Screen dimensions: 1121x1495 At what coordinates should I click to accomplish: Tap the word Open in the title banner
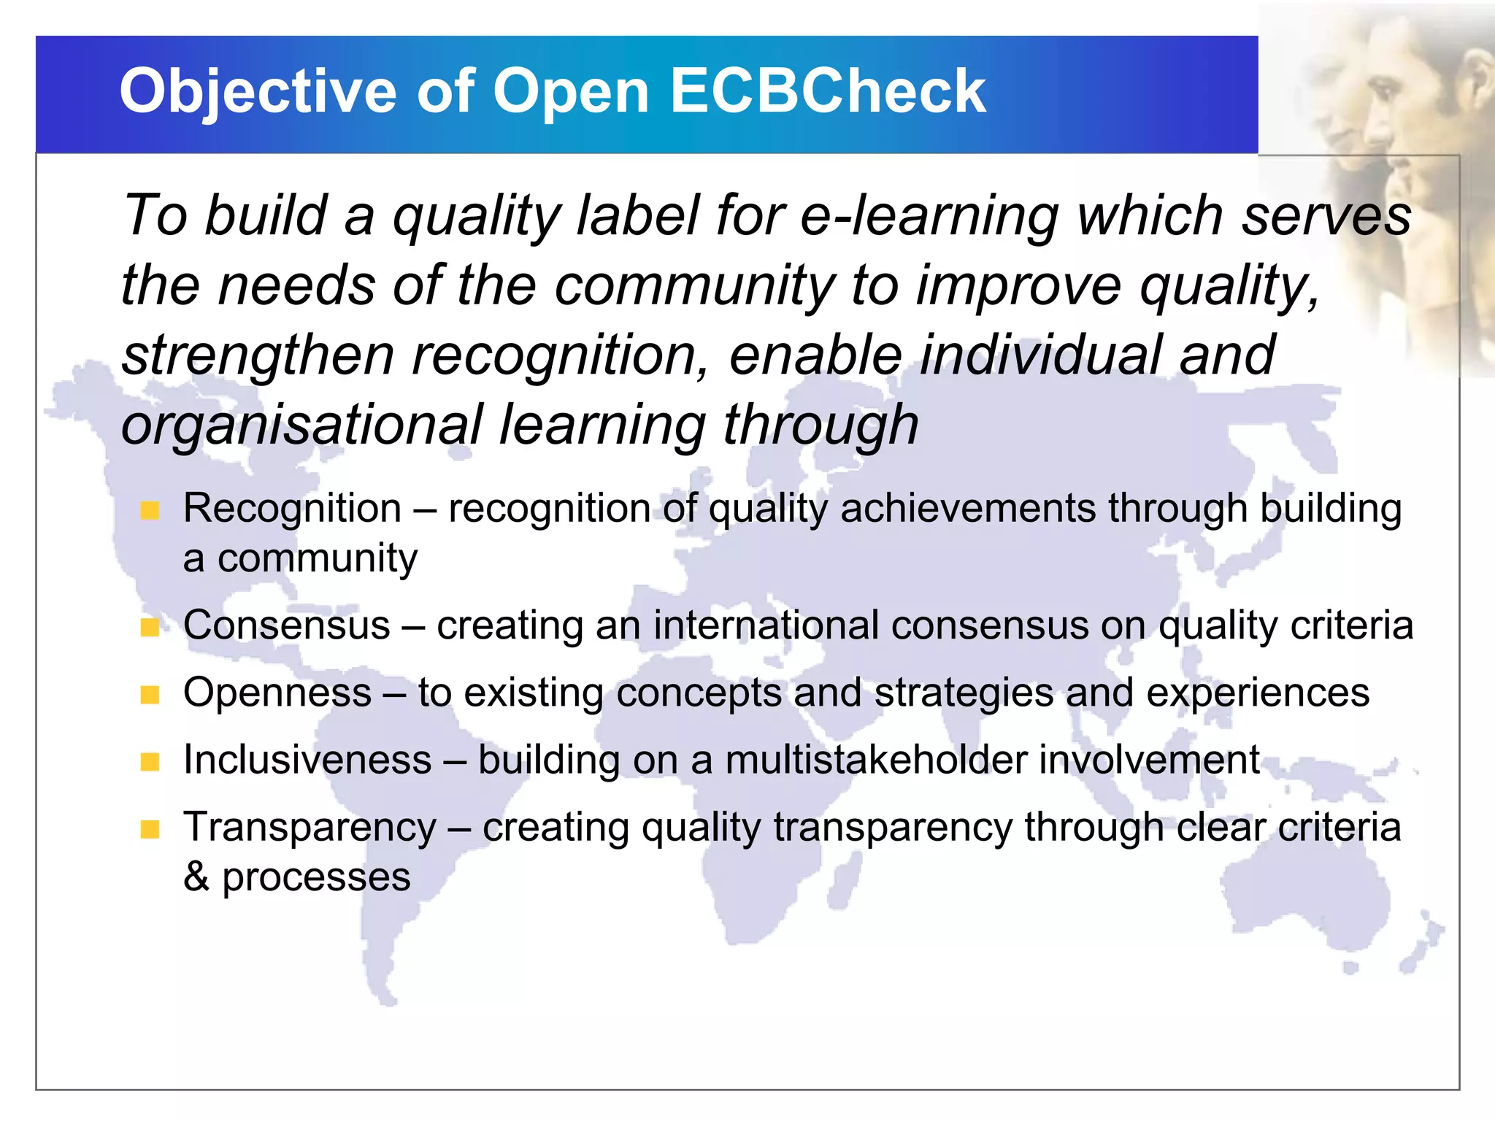click(570, 92)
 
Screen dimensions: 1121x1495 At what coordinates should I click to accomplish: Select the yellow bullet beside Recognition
click(150, 510)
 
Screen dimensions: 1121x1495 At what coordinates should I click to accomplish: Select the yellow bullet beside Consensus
click(150, 627)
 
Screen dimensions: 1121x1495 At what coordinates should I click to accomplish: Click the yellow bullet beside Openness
click(150, 694)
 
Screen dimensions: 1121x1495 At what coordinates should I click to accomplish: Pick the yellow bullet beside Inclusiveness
click(150, 762)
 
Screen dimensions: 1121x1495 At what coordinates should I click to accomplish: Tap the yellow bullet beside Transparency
click(150, 829)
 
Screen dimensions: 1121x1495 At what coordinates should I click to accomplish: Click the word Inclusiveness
click(307, 760)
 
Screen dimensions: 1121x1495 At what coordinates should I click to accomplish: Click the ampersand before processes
click(196, 877)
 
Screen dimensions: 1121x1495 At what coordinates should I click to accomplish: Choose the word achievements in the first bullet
click(967, 509)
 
